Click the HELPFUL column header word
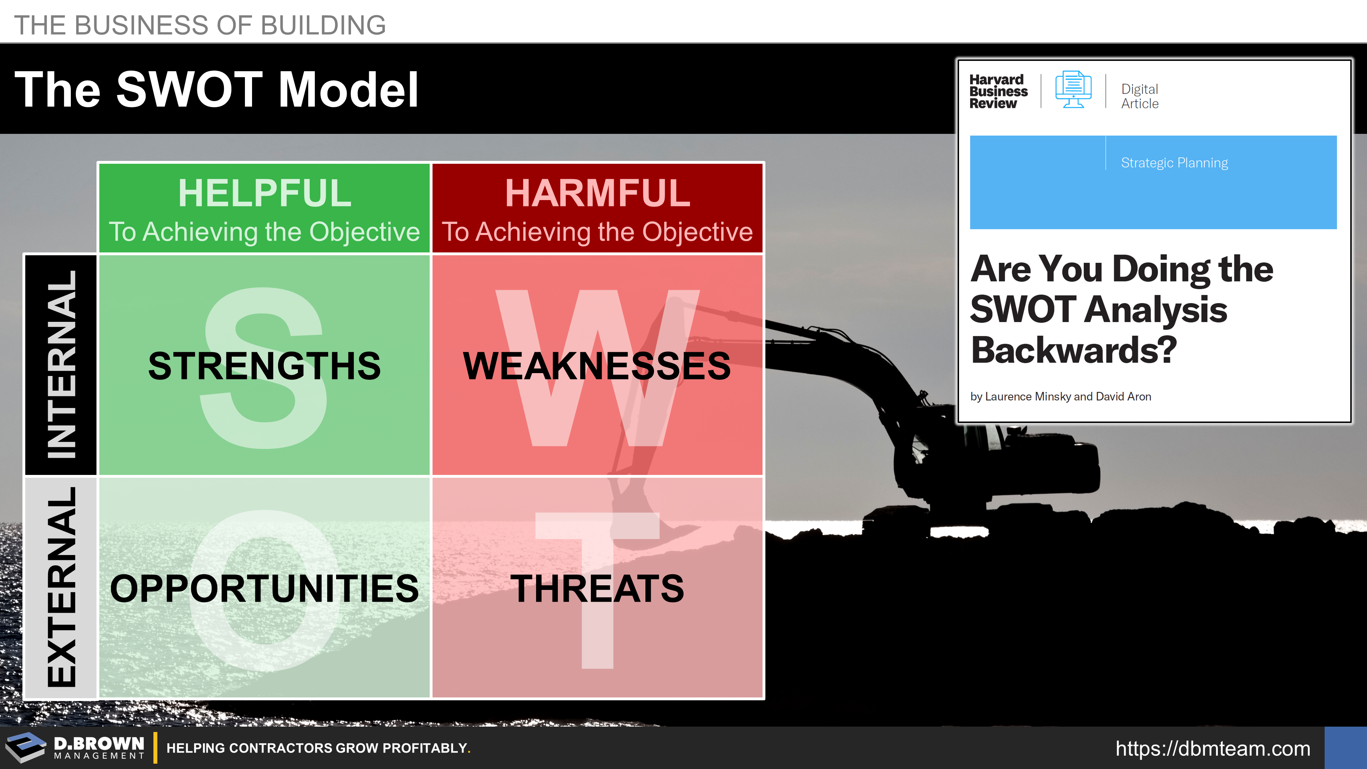click(x=264, y=193)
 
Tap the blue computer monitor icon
click(x=1073, y=89)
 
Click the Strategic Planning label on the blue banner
click(x=1174, y=162)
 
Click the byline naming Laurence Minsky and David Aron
click(x=1060, y=397)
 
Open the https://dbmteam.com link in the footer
click(x=1213, y=748)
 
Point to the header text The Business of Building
click(x=200, y=25)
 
